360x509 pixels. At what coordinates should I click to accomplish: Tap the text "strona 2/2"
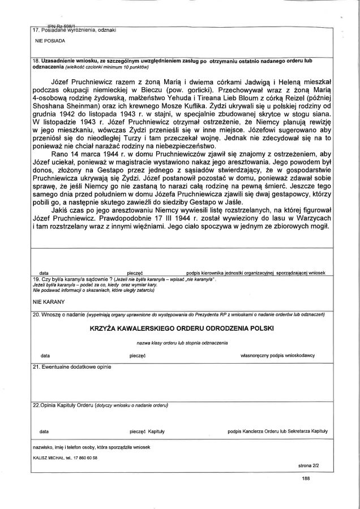click(x=309, y=466)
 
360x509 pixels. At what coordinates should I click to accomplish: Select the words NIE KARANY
click(x=48, y=302)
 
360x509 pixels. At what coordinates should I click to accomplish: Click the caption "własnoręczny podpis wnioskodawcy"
click(x=277, y=356)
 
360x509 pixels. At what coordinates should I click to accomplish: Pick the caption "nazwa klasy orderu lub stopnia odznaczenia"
click(x=182, y=343)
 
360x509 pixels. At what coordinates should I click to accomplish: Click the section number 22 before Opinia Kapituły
click(x=36, y=406)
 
